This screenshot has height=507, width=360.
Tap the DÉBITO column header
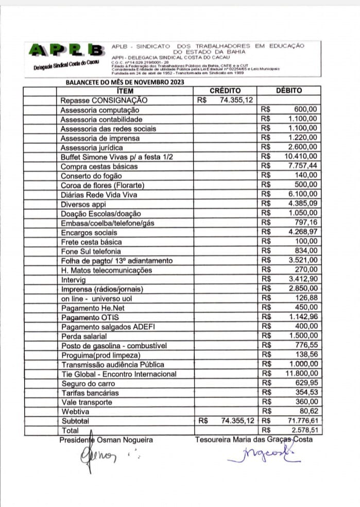289,91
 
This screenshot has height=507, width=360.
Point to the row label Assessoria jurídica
92,147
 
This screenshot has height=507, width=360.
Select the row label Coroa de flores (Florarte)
102,185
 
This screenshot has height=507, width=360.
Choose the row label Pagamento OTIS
90,317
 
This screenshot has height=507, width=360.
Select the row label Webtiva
75,412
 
